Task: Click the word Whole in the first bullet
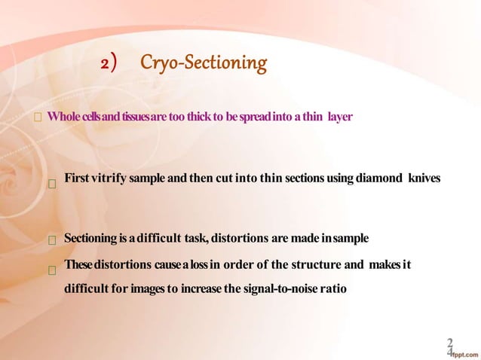[63, 117]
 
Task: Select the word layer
[340, 117]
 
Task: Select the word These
[78, 265]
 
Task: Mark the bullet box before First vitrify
[52, 182]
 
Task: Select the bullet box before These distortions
[52, 268]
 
